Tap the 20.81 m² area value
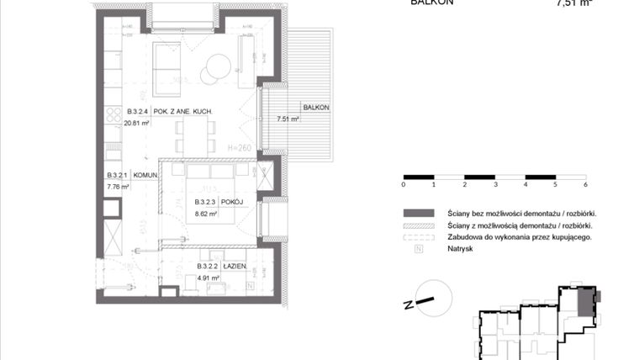(138, 123)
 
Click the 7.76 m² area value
(118, 187)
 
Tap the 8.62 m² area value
(206, 214)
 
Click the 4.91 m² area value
(208, 277)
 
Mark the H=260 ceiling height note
(240, 147)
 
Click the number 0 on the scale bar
(404, 184)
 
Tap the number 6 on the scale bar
(584, 184)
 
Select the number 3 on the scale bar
(494, 184)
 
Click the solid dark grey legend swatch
(419, 214)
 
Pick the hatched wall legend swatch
(419, 225)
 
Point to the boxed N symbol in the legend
(419, 249)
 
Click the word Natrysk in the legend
(460, 249)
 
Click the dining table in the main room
(194, 135)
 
